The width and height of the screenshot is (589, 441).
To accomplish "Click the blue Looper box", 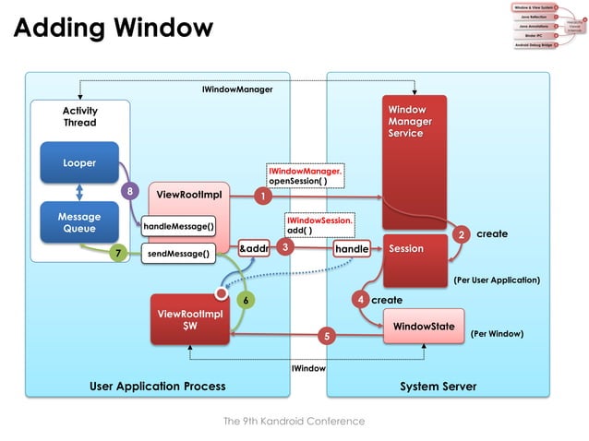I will tap(78, 162).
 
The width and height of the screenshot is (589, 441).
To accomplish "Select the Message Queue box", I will tap(78, 223).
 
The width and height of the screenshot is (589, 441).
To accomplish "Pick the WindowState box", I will tap(423, 327).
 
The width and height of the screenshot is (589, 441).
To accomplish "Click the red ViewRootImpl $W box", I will tap(189, 319).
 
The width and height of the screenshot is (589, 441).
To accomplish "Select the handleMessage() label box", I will tap(178, 226).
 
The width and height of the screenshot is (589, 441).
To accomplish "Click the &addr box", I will tap(254, 248).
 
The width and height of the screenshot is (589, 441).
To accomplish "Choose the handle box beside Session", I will tap(352, 248).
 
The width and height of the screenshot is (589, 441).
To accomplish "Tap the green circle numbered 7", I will tap(117, 252).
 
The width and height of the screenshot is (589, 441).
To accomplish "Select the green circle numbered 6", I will tap(245, 300).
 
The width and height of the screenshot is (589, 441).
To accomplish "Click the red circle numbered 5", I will tap(325, 337).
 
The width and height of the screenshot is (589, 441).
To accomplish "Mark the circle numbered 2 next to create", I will tap(461, 234).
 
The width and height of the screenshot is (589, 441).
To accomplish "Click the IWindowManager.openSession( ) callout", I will tap(305, 176).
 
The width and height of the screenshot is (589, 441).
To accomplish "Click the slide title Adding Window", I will tap(113, 28).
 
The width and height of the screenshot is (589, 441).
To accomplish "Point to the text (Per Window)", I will tap(497, 331).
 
